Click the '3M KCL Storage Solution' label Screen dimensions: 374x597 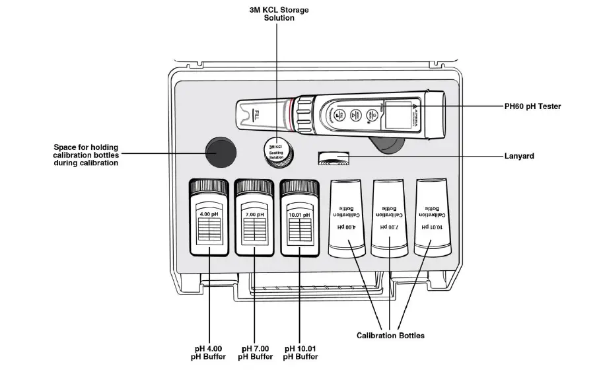278,14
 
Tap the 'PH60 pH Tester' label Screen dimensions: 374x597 532,106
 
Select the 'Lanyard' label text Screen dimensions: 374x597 519,157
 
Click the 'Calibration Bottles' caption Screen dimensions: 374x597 390,336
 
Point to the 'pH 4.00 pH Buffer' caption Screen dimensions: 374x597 209,352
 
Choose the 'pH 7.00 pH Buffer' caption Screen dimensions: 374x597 255,352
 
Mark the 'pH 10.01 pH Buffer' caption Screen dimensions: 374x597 300,352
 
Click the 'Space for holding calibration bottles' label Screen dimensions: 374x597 87,154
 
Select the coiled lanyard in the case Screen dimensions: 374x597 335,158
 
